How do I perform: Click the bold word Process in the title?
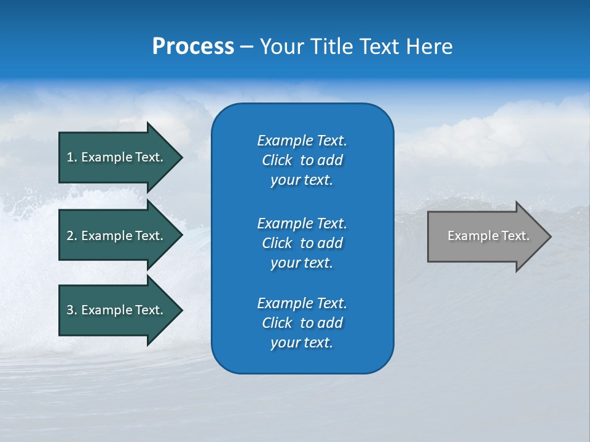click(193, 47)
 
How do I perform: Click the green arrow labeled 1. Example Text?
click(117, 157)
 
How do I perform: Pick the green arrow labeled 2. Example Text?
click(117, 236)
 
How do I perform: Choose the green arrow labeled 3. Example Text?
click(117, 310)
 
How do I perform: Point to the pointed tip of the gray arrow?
click(549, 236)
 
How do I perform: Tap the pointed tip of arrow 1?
click(180, 157)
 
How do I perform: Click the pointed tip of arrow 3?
click(180, 310)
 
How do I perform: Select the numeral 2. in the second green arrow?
click(72, 236)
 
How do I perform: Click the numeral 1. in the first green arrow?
click(72, 157)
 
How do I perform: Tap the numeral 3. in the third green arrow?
click(72, 310)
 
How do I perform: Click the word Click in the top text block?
click(277, 160)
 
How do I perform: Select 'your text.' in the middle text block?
click(302, 263)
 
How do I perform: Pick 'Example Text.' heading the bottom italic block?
click(302, 303)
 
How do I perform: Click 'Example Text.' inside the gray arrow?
click(488, 236)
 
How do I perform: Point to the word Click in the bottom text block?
click(277, 323)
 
